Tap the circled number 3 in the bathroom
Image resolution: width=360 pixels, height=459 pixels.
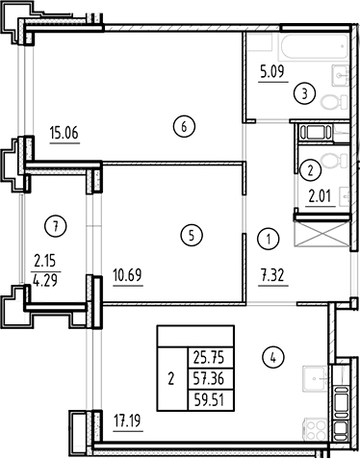click(304, 93)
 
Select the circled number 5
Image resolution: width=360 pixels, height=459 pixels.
click(192, 234)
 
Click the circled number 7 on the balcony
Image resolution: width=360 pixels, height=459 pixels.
click(58, 227)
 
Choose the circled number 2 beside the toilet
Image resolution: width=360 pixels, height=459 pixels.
click(311, 170)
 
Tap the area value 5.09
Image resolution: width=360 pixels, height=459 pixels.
click(275, 69)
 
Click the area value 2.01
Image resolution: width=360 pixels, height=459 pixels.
click(319, 199)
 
